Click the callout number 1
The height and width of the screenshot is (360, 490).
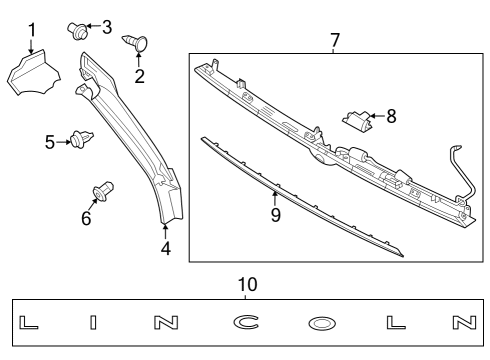(x=31, y=30)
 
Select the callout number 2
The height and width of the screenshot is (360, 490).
(x=139, y=76)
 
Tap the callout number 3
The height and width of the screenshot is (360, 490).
(x=107, y=25)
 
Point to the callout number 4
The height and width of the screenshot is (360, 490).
(x=166, y=248)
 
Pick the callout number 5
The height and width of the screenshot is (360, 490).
(x=50, y=142)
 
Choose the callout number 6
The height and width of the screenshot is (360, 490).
(x=86, y=217)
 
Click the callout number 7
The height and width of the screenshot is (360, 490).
(x=335, y=40)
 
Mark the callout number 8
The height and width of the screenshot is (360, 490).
(x=391, y=116)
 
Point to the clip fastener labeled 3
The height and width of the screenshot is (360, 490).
(x=77, y=27)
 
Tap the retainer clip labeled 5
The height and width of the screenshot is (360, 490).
(x=80, y=141)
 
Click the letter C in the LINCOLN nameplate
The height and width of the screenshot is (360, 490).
(x=246, y=323)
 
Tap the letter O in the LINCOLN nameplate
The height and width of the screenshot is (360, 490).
(x=322, y=324)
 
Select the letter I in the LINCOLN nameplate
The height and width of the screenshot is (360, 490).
(x=92, y=323)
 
